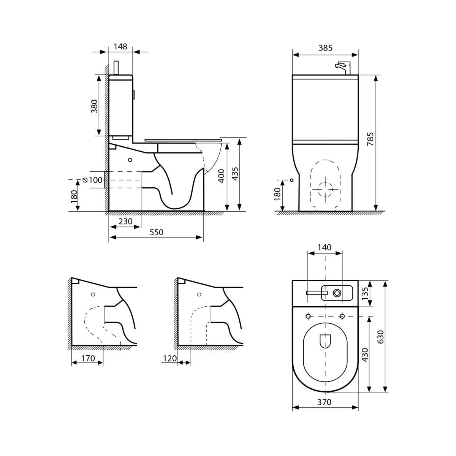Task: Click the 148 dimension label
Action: pos(120,47)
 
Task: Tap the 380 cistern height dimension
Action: pos(94,106)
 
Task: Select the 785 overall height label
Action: pos(370,139)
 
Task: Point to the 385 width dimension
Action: pos(325,48)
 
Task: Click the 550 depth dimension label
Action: pos(157,232)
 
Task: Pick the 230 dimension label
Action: pos(125,222)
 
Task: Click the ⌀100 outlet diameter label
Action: pos(92,180)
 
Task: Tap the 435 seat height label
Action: pos(235,174)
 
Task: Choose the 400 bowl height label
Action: pos(221,176)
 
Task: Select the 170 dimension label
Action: pos(88,358)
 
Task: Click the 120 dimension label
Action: pos(169,358)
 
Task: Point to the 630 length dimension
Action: pos(380,337)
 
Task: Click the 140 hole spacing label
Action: pos(325,247)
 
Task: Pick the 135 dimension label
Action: pos(365,293)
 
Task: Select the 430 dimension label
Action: pos(365,355)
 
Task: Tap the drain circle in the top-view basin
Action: pos(337,293)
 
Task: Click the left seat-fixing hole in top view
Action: pos(308,316)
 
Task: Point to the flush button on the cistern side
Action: pos(134,95)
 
